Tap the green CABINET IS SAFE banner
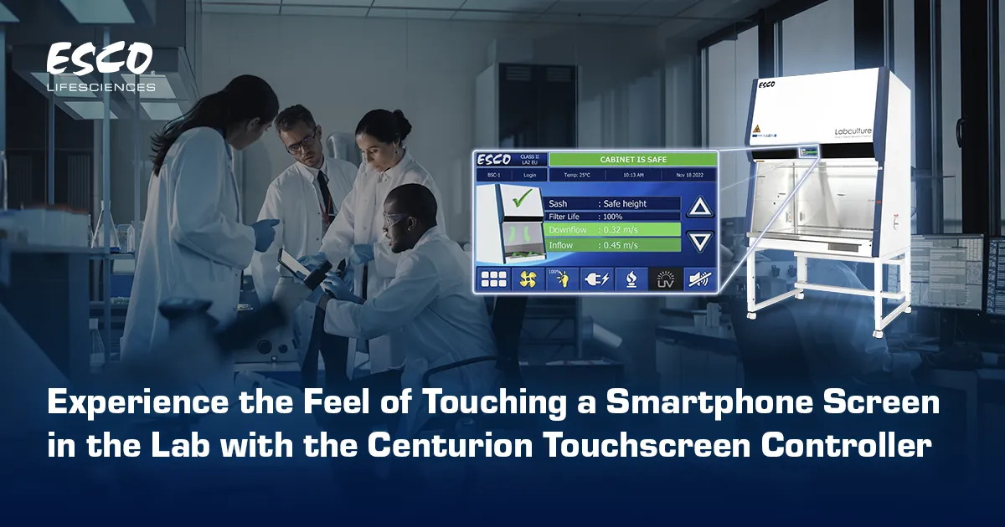[632, 159]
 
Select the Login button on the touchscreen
[529, 175]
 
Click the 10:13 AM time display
[633, 175]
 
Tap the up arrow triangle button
[699, 207]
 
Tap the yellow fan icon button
[527, 279]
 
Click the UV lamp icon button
[665, 279]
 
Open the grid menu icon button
[493, 279]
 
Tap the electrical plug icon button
[596, 279]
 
